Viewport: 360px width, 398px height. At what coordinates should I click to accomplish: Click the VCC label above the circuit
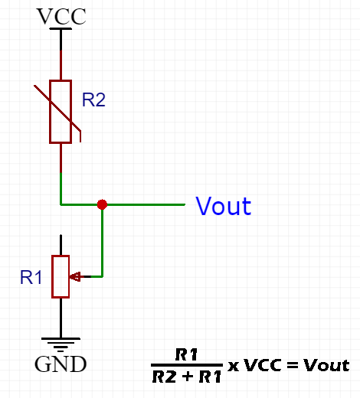tap(61, 17)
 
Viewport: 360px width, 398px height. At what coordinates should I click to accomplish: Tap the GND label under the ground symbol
tap(61, 364)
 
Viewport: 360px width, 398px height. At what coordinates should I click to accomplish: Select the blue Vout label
tap(224, 206)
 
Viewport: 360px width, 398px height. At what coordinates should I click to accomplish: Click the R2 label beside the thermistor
tap(93, 99)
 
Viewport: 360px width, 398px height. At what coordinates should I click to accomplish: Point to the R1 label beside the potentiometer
tap(31, 277)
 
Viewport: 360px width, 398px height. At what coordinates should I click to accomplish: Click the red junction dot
tap(102, 204)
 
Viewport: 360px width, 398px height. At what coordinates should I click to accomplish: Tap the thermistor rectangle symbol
tap(61, 112)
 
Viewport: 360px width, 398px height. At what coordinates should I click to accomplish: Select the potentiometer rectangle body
tap(61, 276)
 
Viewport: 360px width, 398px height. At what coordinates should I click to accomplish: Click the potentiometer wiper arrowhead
tap(75, 276)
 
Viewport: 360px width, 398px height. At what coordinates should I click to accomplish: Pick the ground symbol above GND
tap(61, 344)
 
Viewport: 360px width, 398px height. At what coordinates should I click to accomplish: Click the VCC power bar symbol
tap(61, 29)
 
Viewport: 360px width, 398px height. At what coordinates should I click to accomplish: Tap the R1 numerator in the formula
tap(186, 354)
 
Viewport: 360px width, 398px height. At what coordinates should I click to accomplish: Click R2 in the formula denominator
tap(164, 377)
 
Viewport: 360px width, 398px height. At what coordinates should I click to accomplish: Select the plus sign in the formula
tap(188, 377)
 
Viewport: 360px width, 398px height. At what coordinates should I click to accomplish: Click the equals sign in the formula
tap(293, 365)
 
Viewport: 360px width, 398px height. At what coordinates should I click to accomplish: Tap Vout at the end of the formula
tap(326, 365)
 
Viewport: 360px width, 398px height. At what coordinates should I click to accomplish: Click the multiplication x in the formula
tap(234, 367)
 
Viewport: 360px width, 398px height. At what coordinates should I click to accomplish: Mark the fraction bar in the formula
tap(187, 365)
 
